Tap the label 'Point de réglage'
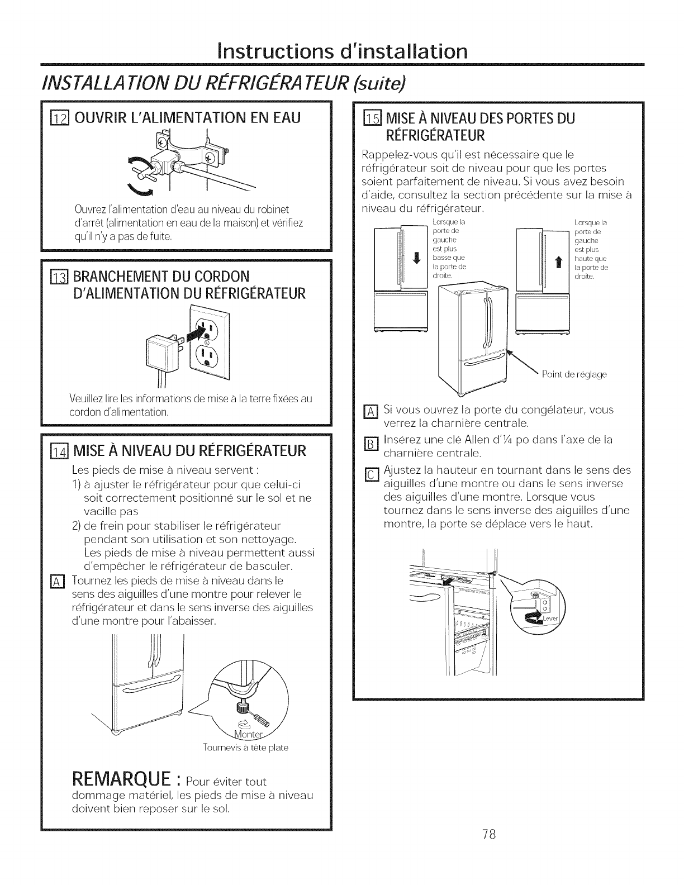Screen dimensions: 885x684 pyautogui.click(x=574, y=374)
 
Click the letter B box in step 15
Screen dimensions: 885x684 pyautogui.click(x=368, y=445)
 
